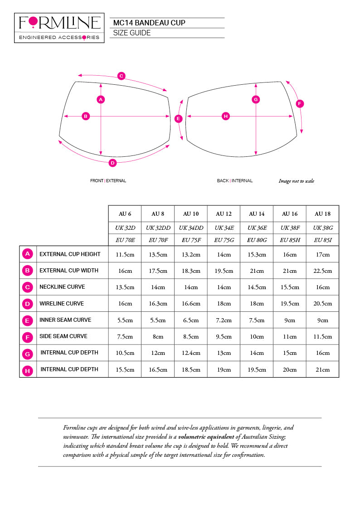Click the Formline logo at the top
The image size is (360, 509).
[59, 28]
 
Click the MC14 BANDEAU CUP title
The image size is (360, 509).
[149, 23]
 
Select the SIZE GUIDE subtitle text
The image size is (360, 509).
[132, 33]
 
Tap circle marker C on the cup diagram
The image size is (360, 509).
[122, 76]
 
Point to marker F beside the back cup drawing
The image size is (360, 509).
[299, 104]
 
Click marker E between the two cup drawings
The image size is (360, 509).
[178, 119]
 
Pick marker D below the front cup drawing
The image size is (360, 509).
[113, 163]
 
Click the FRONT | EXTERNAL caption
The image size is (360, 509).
[108, 181]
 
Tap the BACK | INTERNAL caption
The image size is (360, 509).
[234, 181]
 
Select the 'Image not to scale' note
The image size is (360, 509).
[296, 181]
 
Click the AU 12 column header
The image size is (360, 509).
[224, 214]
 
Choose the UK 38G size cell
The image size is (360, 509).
[322, 227]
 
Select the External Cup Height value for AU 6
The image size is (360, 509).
[125, 255]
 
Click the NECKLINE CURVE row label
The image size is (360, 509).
[62, 287]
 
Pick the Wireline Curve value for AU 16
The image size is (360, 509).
[290, 304]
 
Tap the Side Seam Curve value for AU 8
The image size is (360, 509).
[157, 337]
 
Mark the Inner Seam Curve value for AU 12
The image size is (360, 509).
[224, 320]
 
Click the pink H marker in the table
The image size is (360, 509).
[28, 371]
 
